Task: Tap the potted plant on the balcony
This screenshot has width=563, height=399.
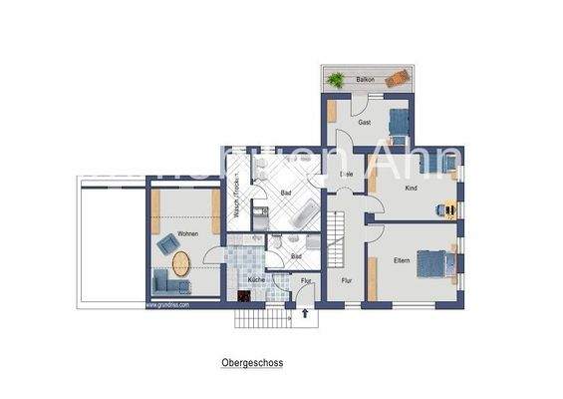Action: coord(337,79)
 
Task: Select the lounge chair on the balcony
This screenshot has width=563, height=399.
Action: coord(397,78)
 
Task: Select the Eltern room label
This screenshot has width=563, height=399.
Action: coord(402,260)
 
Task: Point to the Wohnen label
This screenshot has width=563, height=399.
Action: coord(187,233)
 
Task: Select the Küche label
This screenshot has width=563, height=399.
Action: coord(257,281)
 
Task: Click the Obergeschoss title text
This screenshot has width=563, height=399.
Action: coord(251,365)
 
